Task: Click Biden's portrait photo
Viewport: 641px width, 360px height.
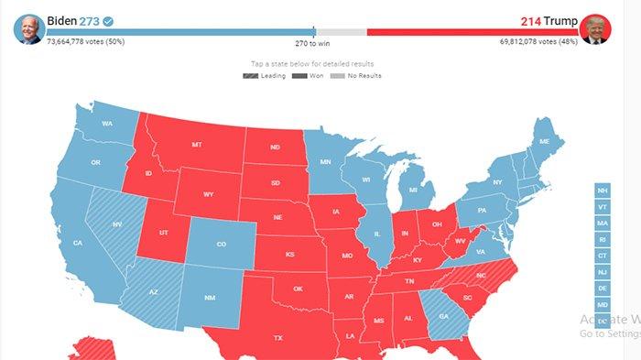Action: [29, 29]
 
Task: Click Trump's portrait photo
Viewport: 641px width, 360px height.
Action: [595, 29]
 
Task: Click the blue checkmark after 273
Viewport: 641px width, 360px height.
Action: [108, 19]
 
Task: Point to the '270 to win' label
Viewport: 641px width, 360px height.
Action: [313, 42]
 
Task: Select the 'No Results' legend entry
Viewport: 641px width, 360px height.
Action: [359, 76]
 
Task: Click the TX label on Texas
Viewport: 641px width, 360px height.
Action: [278, 338]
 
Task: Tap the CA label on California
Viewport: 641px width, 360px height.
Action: [78, 243]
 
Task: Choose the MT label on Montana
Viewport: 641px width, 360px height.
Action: [197, 145]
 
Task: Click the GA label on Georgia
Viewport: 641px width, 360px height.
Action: [444, 316]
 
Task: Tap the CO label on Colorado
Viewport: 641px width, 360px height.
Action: [221, 245]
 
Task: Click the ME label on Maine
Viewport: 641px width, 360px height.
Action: [545, 142]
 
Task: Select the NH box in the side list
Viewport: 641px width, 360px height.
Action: [602, 191]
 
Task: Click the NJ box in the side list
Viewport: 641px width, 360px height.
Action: [602, 272]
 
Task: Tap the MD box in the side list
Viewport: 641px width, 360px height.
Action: [602, 305]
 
